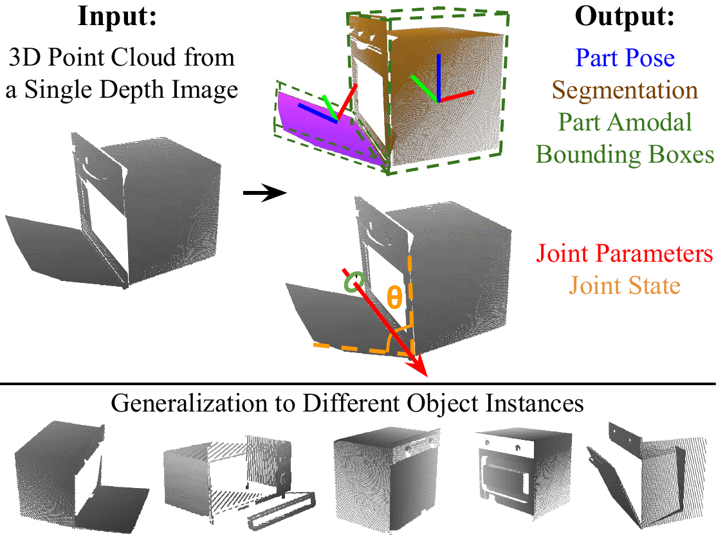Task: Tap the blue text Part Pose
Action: coord(625,59)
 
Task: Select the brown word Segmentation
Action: coord(625,90)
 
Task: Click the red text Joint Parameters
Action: coord(625,254)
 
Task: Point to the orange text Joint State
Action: coord(625,285)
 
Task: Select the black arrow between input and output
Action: coord(264,192)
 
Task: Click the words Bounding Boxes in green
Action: coord(625,154)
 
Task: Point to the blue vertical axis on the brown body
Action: coord(438,77)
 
